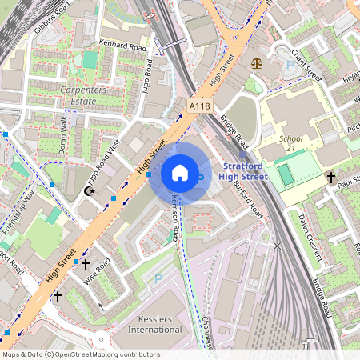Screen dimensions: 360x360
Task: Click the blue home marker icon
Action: tap(180, 173)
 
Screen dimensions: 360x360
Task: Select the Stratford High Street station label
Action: tap(243, 171)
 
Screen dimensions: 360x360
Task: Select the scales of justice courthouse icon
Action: tap(256, 62)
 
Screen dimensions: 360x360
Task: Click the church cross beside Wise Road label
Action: tap(86, 264)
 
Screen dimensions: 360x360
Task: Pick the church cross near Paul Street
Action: tap(330, 176)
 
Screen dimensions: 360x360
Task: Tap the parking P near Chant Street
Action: tap(289, 49)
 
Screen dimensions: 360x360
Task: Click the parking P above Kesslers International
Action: tap(158, 279)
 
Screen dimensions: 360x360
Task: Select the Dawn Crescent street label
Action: tap(308, 237)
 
